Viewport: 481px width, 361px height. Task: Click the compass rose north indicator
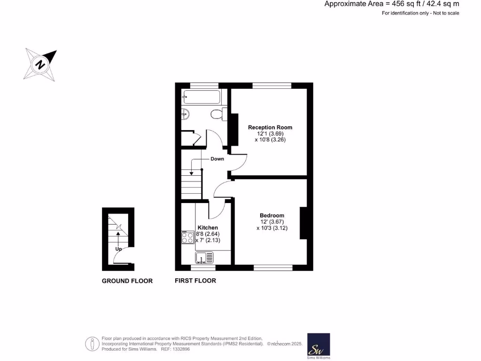41,64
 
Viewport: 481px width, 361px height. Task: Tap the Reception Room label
270,127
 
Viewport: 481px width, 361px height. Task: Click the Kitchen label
208,228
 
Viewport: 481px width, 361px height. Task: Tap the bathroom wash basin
185,113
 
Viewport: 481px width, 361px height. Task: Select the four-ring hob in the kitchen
188,238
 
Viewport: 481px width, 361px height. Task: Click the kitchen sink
204,258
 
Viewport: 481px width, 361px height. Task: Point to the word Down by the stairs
217,159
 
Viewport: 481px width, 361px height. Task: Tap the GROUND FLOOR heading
127,281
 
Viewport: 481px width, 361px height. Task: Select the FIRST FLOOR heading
195,281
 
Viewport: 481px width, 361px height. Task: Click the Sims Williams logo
318,346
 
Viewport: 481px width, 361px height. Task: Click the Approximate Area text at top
391,4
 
